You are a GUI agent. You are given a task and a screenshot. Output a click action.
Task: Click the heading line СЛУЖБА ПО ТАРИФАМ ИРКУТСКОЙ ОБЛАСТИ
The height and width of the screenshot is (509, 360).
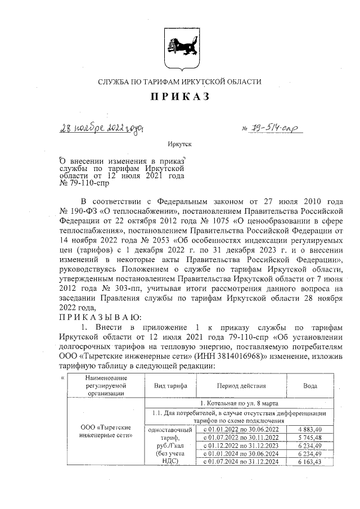pyautogui.click(x=179, y=82)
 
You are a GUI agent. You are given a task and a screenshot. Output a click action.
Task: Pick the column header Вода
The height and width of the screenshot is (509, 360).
pyautogui.click(x=310, y=386)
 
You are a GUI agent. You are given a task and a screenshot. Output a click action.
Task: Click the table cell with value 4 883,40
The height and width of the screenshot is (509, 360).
pyautogui.click(x=310, y=429)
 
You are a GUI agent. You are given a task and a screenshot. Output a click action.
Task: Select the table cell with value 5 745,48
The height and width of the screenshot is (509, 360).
pyautogui.click(x=310, y=437)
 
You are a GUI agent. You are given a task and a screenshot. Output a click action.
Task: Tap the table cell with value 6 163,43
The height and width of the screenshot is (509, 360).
pyautogui.click(x=310, y=462)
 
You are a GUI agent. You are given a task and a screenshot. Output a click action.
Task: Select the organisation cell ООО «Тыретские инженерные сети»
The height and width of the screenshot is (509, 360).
pyautogui.click(x=106, y=431)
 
